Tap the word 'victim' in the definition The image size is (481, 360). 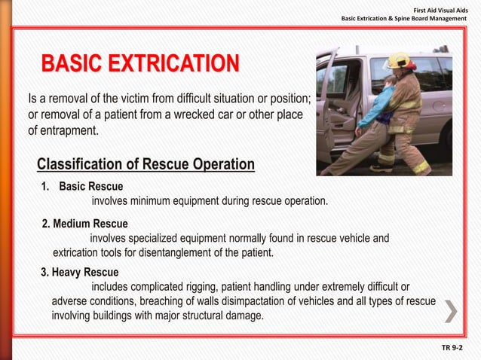tap(158, 99)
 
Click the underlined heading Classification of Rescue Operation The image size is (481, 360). tap(146, 164)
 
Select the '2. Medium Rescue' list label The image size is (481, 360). tap(84, 224)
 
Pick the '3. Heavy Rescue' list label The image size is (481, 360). tap(79, 272)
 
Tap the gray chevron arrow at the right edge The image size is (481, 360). tap(449, 310)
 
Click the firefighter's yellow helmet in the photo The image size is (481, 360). tap(398, 59)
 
